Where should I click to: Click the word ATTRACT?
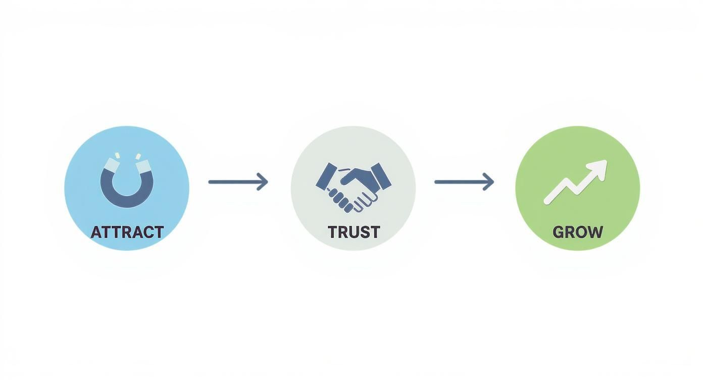[x=127, y=232]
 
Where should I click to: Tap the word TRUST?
[x=354, y=232]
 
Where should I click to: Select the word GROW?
[x=577, y=232]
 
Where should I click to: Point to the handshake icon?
[x=353, y=187]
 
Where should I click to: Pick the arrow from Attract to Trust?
[x=238, y=181]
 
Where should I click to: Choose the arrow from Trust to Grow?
[x=464, y=181]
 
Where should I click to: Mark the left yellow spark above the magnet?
[x=117, y=156]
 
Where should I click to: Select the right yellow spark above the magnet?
[x=138, y=156]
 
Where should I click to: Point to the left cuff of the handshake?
[x=326, y=176]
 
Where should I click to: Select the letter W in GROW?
[x=595, y=232]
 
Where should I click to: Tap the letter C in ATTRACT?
[x=146, y=232]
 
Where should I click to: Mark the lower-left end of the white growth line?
[x=547, y=201]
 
